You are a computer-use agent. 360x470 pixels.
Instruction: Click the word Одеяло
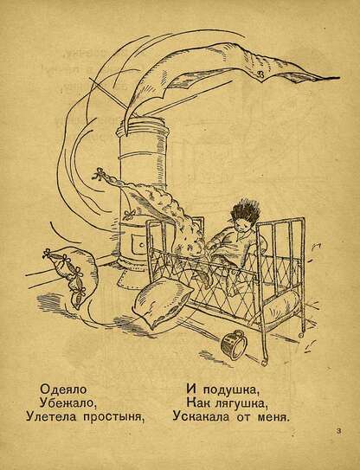pyautogui.click(x=63, y=390)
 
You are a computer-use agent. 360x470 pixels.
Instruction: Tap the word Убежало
pyautogui.click(x=67, y=402)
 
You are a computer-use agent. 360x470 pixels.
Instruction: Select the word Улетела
pyautogui.click(x=51, y=416)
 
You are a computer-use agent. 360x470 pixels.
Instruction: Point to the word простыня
pyautogui.click(x=112, y=417)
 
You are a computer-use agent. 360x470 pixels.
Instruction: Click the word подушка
pyautogui.click(x=230, y=390)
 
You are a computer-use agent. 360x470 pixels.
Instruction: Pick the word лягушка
pyautogui.click(x=241, y=403)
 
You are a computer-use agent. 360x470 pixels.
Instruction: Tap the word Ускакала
pyautogui.click(x=201, y=416)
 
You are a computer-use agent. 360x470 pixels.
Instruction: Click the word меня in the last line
pyautogui.click(x=273, y=417)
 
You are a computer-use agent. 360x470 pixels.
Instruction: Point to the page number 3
pyautogui.click(x=339, y=431)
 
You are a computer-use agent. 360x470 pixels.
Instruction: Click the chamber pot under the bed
pyautogui.click(x=234, y=344)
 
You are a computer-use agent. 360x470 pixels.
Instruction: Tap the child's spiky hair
pyautogui.click(x=245, y=213)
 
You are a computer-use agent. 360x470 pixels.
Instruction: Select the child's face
pyautogui.click(x=242, y=226)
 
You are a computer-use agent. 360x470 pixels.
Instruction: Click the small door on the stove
pyautogui.click(x=139, y=243)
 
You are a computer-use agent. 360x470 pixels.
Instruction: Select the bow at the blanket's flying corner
pyautogui.click(x=99, y=175)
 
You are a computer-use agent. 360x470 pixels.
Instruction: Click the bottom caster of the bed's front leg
pyautogui.click(x=263, y=363)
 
